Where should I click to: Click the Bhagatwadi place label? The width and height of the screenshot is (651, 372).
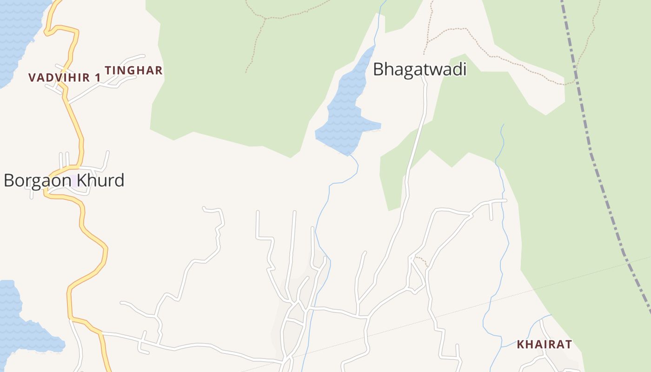click(x=419, y=70)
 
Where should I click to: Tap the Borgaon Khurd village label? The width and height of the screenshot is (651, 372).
click(x=64, y=180)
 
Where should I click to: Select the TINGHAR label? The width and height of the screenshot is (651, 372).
click(x=133, y=71)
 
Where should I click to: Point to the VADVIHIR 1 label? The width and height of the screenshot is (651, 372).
click(x=64, y=78)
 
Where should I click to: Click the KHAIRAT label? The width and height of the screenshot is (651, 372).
click(x=544, y=345)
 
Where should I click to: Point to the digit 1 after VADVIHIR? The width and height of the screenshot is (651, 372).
click(x=98, y=78)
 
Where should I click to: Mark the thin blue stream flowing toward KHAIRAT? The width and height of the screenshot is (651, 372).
click(x=505, y=232)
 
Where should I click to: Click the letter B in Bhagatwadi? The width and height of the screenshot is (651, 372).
click(x=379, y=70)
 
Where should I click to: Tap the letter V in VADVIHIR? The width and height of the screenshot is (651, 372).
click(x=32, y=78)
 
